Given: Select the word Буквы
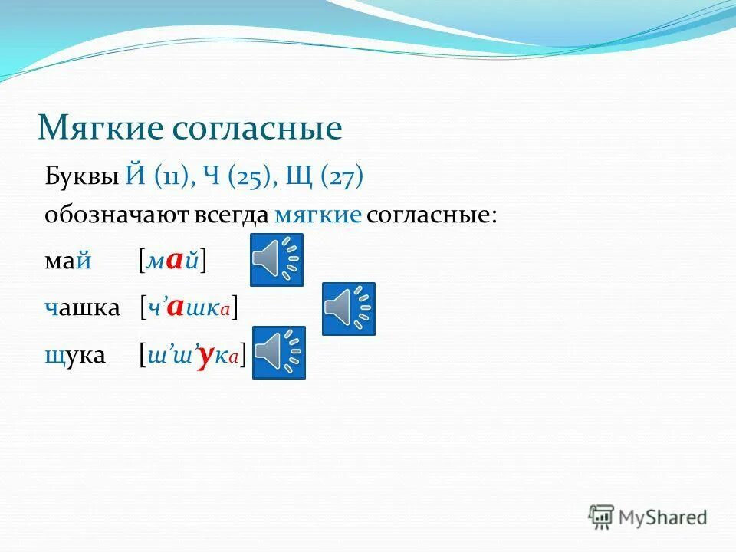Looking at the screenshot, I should pos(80,178).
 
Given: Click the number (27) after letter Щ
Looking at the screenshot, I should pos(342,178).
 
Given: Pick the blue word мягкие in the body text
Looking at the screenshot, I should pos(317,215).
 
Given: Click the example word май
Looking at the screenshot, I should pos(68,261).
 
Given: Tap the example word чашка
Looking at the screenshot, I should pos(82,308).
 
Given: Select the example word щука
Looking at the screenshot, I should pos(75,355).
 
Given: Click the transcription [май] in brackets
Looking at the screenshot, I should pos(172,261).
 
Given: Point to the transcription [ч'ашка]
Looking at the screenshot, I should pos(189,308).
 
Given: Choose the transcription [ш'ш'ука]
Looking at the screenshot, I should pos(192,355).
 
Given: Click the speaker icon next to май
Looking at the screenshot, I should pos(277,260).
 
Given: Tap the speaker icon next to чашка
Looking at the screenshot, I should pos(348,308).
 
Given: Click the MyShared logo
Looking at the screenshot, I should pos(648,517).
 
